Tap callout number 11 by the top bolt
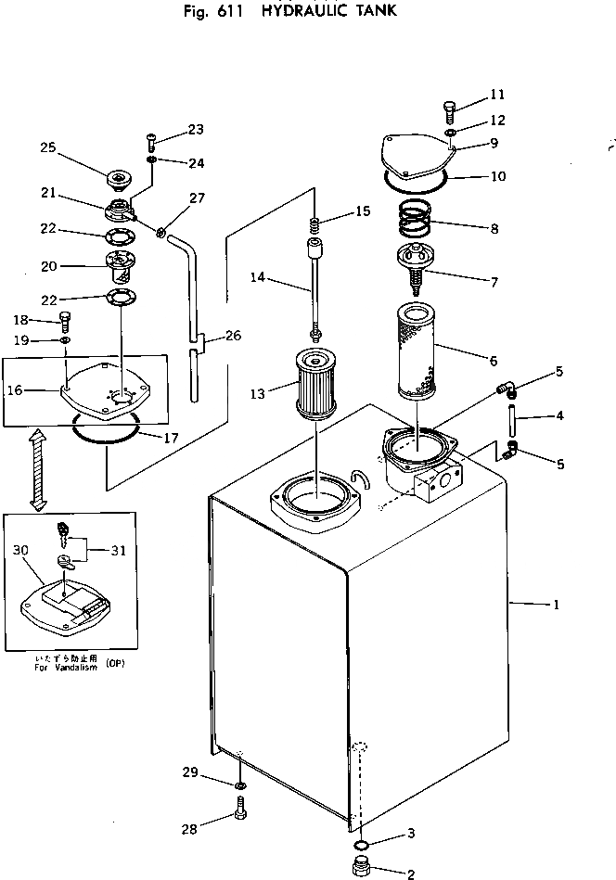click(x=498, y=95)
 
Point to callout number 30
click(x=19, y=549)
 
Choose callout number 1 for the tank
click(x=555, y=606)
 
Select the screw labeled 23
click(x=151, y=142)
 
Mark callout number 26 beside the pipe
click(x=233, y=336)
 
